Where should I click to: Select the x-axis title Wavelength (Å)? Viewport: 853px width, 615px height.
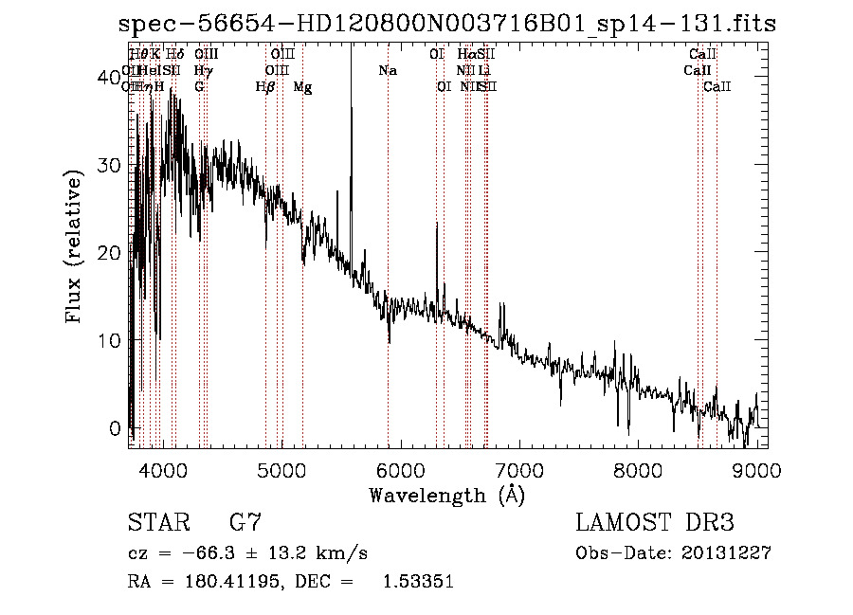(446, 495)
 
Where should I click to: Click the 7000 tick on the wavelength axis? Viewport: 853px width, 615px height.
(519, 469)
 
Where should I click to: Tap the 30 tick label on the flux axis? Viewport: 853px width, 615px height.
(110, 165)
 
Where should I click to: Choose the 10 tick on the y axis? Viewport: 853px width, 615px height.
(110, 340)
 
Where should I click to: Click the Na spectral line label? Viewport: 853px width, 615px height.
(387, 70)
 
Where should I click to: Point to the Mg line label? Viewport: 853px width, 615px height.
(302, 86)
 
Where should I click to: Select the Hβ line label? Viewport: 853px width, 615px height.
(265, 86)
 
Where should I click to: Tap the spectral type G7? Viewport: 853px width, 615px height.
(245, 522)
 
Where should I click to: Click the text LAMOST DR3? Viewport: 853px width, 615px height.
(654, 522)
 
